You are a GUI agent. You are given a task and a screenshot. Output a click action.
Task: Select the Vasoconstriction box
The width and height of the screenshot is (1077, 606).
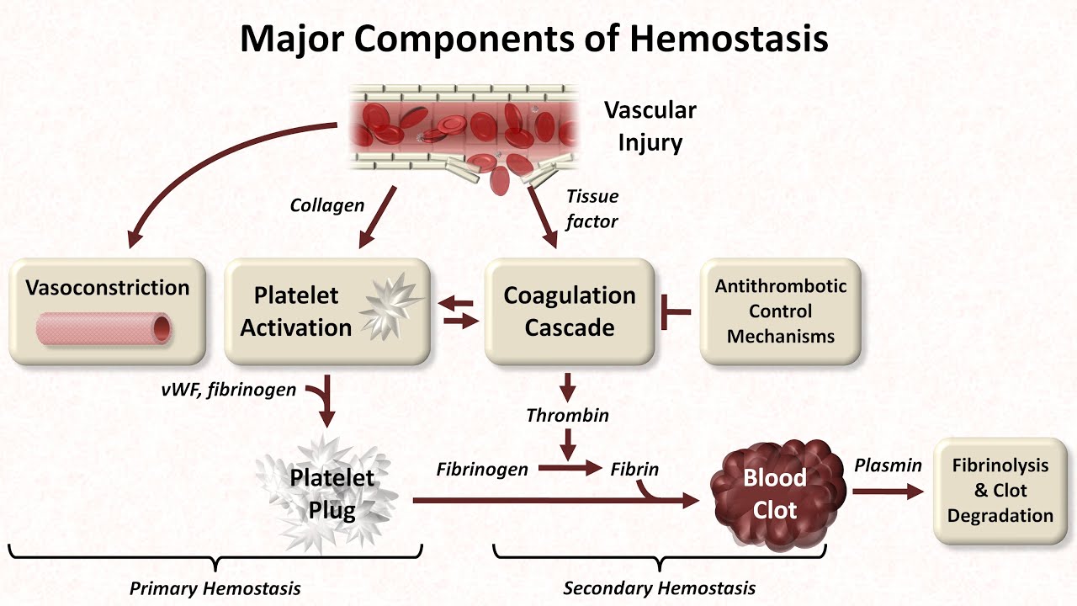[x=108, y=312]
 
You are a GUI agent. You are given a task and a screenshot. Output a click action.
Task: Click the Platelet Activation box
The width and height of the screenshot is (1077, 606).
[x=327, y=312]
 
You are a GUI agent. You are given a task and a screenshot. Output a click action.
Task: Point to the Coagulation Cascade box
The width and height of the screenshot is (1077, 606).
[x=570, y=311]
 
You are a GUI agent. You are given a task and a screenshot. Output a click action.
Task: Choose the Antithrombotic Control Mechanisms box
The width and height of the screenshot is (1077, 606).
[x=780, y=311]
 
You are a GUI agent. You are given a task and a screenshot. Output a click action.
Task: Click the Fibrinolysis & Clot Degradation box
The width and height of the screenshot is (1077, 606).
[x=1000, y=490]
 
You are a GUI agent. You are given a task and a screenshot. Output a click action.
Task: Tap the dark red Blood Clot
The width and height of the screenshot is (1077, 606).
[x=774, y=493]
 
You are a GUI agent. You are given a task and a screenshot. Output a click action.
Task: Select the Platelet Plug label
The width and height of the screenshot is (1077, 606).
[x=332, y=494]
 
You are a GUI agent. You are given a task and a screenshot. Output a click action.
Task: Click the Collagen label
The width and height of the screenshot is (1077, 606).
[x=327, y=205]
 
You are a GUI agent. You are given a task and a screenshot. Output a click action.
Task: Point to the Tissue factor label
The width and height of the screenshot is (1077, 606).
[x=592, y=209]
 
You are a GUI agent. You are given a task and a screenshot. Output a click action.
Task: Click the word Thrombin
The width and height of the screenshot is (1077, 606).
[x=567, y=416]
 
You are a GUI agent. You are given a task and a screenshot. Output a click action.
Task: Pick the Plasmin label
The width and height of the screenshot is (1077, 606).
[x=888, y=465]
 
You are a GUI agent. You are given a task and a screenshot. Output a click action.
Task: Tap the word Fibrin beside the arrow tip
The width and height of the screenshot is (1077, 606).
[x=634, y=470]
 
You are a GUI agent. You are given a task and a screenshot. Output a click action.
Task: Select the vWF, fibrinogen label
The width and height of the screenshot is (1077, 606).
[x=229, y=391]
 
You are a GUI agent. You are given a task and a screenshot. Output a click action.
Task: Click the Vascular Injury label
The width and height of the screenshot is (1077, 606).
[x=650, y=126]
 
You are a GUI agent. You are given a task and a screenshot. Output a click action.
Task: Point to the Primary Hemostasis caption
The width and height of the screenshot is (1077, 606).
[x=215, y=588]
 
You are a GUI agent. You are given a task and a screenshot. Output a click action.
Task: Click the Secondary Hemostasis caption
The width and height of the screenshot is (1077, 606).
[x=659, y=588]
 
